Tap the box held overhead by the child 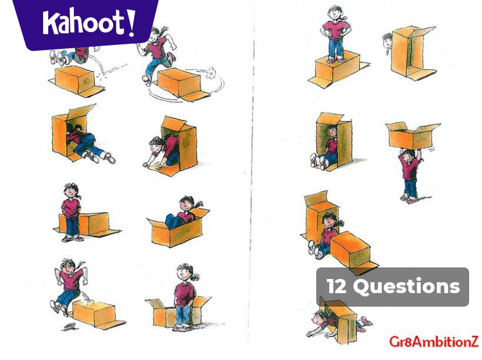click(411, 136)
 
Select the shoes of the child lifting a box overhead click(409, 197)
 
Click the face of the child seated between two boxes click(329, 223)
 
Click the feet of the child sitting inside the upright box click(316, 161)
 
